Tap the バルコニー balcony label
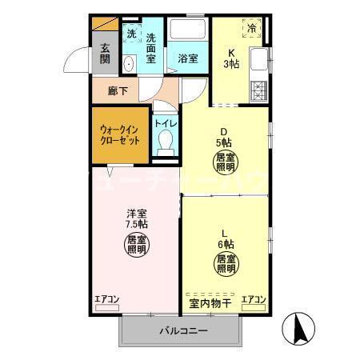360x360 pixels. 182,330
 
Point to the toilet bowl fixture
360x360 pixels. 166,142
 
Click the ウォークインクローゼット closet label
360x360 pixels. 118,134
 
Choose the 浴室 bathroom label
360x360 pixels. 188,58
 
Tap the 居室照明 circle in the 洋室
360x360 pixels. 136,244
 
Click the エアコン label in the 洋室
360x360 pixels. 106,300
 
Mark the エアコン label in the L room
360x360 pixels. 254,300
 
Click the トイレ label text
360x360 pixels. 166,123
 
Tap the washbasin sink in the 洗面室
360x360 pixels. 128,63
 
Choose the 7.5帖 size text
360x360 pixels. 136,225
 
